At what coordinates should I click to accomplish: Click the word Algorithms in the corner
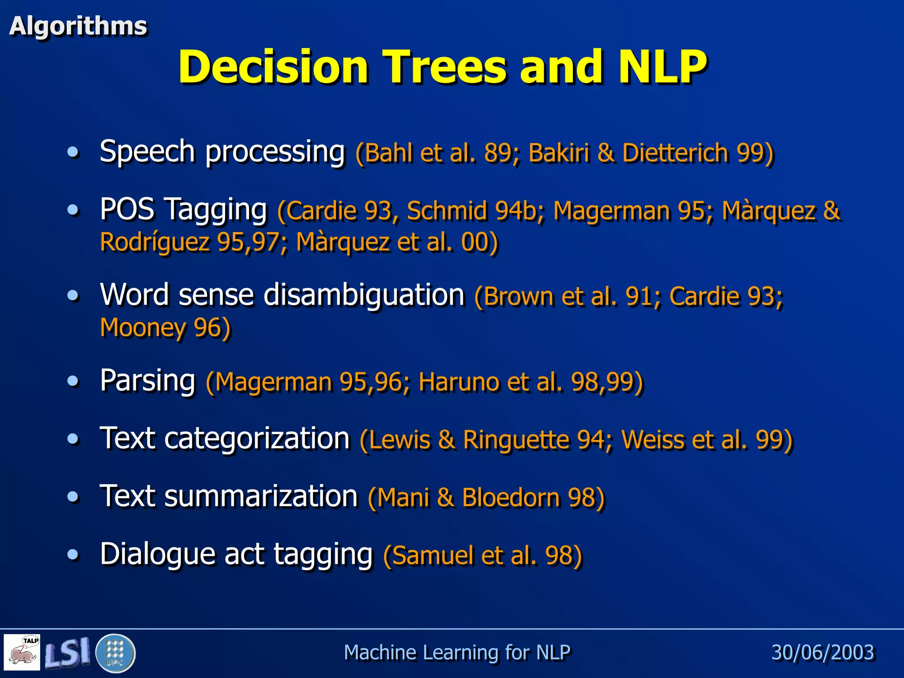click(78, 26)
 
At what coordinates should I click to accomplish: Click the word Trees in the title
click(444, 67)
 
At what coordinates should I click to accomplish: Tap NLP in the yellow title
click(662, 67)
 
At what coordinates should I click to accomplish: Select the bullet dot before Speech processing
click(73, 152)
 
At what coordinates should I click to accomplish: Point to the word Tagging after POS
click(216, 210)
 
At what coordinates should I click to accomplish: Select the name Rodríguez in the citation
click(155, 242)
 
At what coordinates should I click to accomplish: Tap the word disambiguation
click(364, 294)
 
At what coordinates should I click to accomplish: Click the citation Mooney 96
click(165, 328)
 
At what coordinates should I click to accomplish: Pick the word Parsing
click(147, 380)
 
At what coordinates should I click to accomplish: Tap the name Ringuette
click(516, 440)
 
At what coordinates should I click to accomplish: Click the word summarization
click(260, 496)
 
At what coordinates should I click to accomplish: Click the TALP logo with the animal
click(23, 652)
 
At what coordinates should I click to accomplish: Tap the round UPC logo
click(115, 653)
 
